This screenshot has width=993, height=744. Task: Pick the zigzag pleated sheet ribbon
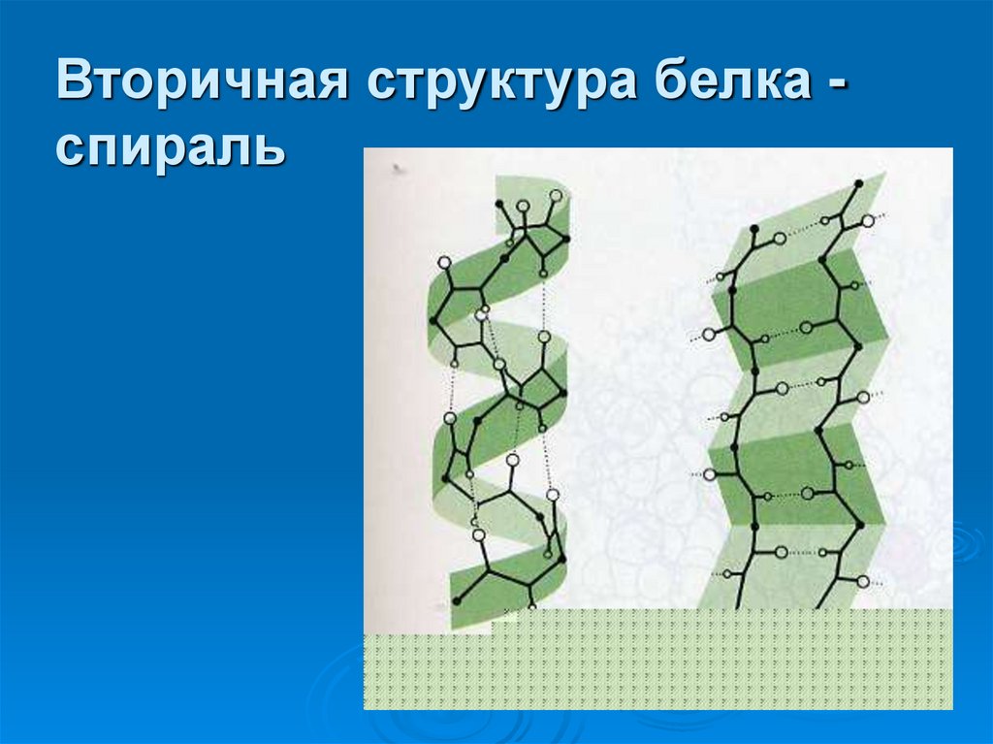(x=795, y=407)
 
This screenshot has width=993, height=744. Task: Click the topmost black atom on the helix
(x=498, y=204)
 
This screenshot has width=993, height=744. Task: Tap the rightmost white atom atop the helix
(x=556, y=196)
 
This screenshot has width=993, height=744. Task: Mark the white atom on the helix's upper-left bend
(x=444, y=262)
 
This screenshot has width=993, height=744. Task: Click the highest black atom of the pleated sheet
(x=858, y=183)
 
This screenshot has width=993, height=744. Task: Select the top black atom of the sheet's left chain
(x=753, y=230)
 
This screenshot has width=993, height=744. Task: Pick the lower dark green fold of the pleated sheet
(x=795, y=470)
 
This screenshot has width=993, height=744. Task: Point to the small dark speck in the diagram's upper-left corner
(x=397, y=168)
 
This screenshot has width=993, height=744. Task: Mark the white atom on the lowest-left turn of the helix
(x=478, y=534)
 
